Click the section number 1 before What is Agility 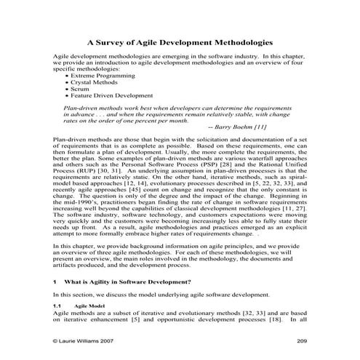coord(55,281)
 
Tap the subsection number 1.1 coord(57,307)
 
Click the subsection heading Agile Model coord(89,307)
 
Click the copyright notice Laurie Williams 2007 coord(86,341)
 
